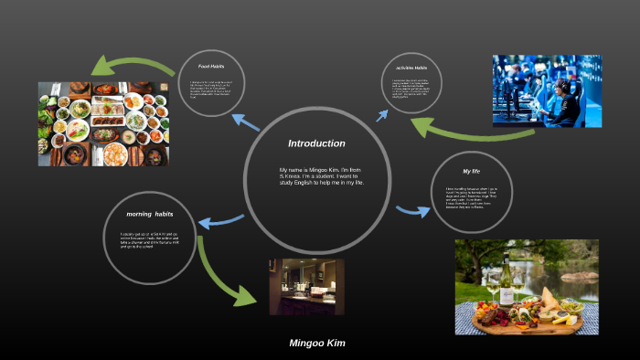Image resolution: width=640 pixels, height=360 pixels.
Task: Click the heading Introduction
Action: pos(316,143)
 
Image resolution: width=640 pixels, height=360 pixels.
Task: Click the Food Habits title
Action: pos(211,66)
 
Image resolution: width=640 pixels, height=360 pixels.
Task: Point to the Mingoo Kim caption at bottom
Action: pos(317,344)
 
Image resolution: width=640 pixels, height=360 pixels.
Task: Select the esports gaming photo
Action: pos(547,90)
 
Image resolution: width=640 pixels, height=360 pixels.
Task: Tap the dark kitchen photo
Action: pos(306,286)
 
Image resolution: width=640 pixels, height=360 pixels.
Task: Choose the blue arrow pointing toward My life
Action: pos(412,211)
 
